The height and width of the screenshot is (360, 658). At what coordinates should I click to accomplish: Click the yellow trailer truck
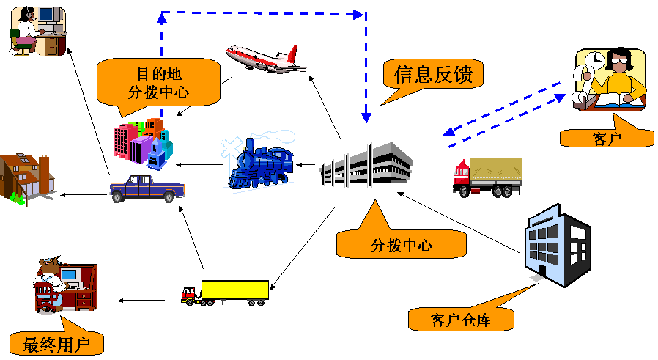click(x=226, y=292)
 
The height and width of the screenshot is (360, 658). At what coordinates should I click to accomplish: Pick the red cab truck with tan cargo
click(x=487, y=177)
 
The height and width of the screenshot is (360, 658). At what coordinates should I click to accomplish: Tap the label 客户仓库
click(x=461, y=319)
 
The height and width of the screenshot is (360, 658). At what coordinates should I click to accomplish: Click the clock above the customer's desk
click(x=595, y=58)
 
